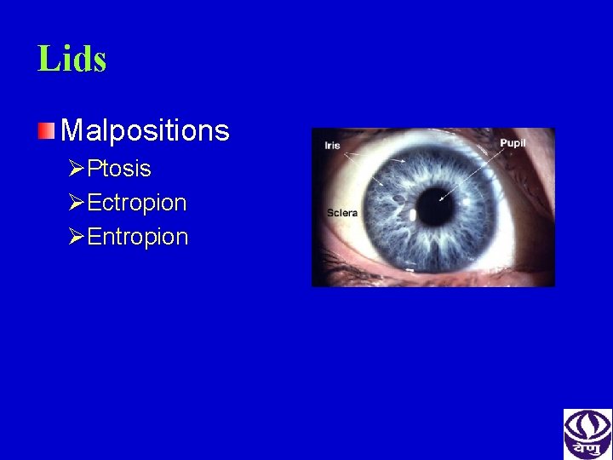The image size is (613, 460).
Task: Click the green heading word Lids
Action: click(x=72, y=59)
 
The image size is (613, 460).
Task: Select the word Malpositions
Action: click(x=145, y=130)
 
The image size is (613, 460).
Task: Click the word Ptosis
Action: click(x=119, y=169)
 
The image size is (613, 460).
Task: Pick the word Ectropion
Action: click(x=136, y=203)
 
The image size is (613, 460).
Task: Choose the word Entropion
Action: click(x=137, y=236)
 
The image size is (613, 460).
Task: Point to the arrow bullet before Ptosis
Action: click(x=77, y=169)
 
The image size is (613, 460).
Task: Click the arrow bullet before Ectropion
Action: click(x=77, y=203)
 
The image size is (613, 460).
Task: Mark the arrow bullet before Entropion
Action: click(x=77, y=236)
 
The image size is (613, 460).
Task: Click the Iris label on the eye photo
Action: click(x=332, y=145)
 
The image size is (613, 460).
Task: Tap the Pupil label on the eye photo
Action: click(x=513, y=143)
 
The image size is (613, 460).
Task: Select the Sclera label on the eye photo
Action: click(x=342, y=212)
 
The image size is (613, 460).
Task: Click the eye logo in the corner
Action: click(x=587, y=434)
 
